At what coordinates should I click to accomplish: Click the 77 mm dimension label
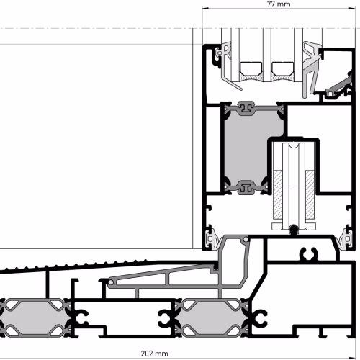tap(279, 4)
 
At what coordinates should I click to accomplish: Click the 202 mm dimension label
tap(154, 354)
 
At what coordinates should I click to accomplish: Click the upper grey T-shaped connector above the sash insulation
tap(246, 108)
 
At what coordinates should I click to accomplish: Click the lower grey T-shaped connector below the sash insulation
tap(246, 188)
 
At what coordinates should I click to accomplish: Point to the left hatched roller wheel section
tap(278, 194)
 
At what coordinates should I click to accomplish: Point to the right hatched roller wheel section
tap(310, 194)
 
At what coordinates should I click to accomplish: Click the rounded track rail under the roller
tap(294, 230)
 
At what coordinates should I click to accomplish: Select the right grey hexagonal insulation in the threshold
tap(211, 318)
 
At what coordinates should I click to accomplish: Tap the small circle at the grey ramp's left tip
tap(111, 283)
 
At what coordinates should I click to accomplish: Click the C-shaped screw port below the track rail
tap(309, 254)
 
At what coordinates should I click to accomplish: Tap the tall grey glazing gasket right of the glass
tap(311, 70)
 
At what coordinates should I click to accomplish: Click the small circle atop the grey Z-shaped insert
tap(246, 240)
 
